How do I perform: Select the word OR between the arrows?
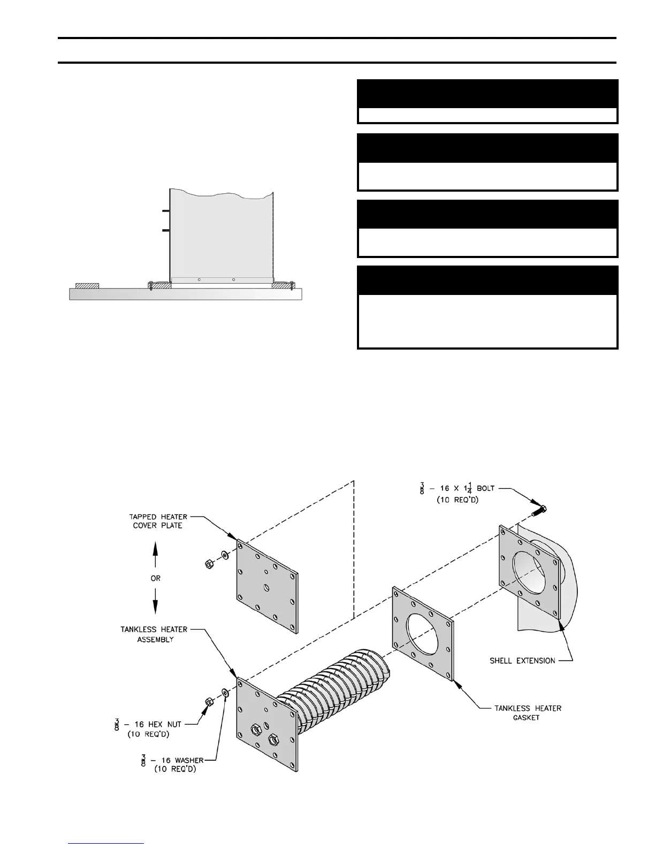click(155, 578)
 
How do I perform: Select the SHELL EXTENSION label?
click(522, 661)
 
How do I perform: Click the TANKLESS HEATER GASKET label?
click(528, 713)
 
